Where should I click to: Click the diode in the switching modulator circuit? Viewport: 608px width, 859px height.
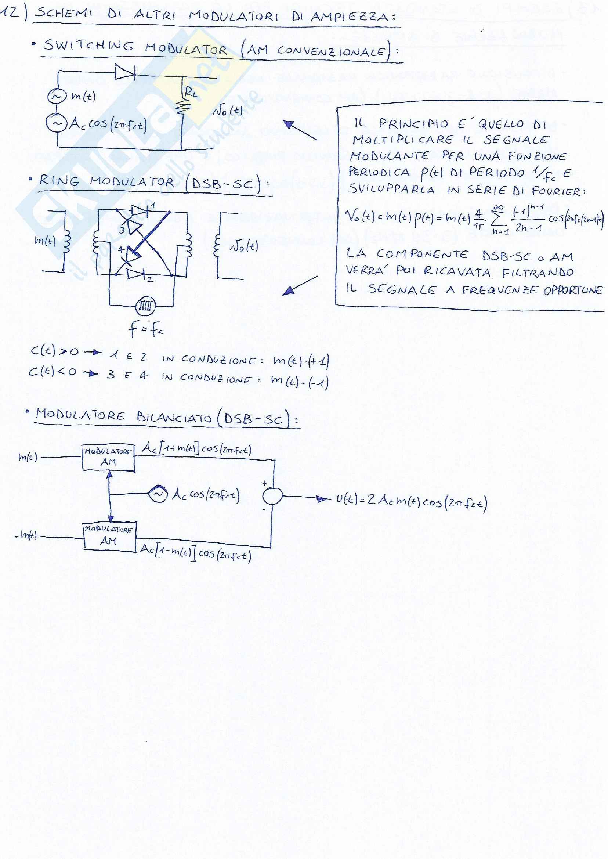coord(125,72)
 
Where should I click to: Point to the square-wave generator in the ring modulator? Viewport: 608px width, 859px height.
coord(145,307)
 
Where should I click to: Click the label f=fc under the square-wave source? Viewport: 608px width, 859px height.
coord(145,329)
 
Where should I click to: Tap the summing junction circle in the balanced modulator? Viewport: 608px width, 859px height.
coord(272,497)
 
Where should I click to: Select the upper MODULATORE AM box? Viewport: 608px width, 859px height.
coord(108,457)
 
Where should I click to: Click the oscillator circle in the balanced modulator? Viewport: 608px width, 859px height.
coord(158,494)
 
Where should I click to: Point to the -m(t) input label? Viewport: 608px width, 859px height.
coord(26,536)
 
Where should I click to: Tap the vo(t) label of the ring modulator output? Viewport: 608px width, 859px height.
coord(243,246)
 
